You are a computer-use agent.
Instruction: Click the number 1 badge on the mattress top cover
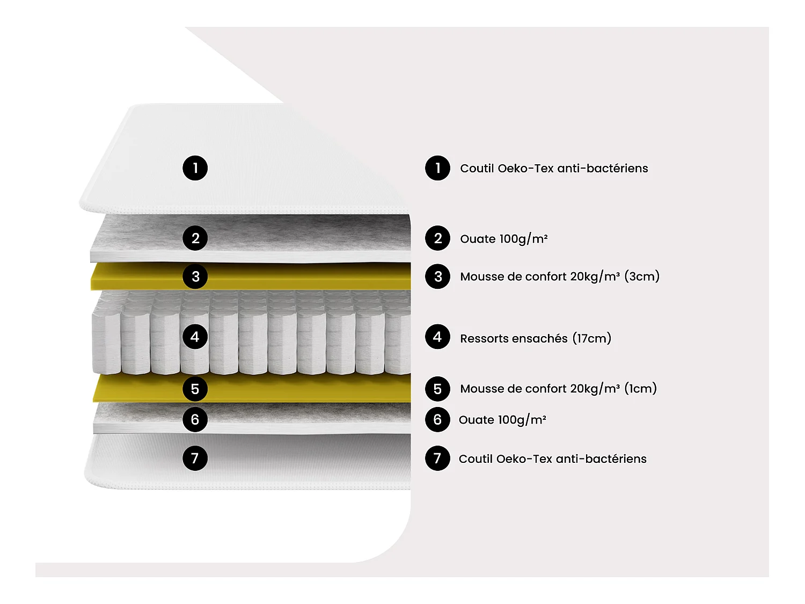pyautogui.click(x=195, y=168)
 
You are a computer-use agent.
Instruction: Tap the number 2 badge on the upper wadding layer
pyautogui.click(x=195, y=238)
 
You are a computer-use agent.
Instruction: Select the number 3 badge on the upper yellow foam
pyautogui.click(x=195, y=276)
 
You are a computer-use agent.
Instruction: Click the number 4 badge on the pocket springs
pyautogui.click(x=195, y=337)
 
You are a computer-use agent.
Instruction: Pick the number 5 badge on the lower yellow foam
pyautogui.click(x=195, y=389)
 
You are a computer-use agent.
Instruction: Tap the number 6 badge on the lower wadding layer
pyautogui.click(x=195, y=419)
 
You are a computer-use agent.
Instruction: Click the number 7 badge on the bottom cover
pyautogui.click(x=195, y=458)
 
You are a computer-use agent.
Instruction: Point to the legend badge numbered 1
pyautogui.click(x=437, y=168)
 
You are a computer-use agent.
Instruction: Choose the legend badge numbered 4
pyautogui.click(x=437, y=337)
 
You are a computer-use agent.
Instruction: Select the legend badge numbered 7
pyautogui.click(x=437, y=459)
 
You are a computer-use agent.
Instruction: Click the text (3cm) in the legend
pyautogui.click(x=642, y=276)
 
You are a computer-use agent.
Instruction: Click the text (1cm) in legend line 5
pyautogui.click(x=640, y=389)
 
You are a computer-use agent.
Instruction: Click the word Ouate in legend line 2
pyautogui.click(x=478, y=239)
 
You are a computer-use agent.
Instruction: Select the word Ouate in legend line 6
pyautogui.click(x=477, y=420)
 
